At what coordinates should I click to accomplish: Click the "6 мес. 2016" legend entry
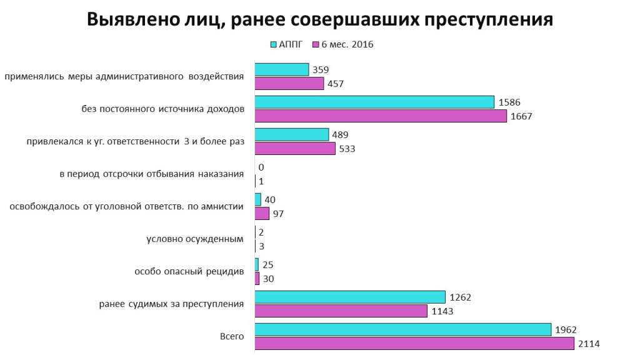(x=343, y=44)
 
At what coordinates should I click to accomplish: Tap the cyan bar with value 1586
(x=374, y=102)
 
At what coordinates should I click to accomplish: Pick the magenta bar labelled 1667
(x=381, y=116)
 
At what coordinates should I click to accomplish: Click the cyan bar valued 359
(x=282, y=69)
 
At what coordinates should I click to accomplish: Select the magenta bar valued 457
(x=289, y=84)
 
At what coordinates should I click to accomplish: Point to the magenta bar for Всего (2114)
(x=414, y=343)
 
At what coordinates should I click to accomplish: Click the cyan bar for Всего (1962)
(x=402, y=329)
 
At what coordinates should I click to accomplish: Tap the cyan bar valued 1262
(x=350, y=297)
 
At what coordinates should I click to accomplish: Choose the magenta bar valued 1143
(x=341, y=311)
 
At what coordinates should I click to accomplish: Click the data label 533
(x=346, y=149)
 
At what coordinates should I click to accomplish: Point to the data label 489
(x=340, y=134)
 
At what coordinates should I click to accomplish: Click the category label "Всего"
(x=232, y=337)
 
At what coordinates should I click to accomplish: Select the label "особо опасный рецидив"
(x=189, y=272)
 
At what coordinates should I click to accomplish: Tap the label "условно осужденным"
(x=195, y=239)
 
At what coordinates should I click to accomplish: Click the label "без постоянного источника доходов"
(x=162, y=110)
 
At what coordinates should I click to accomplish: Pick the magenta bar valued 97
(x=262, y=214)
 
